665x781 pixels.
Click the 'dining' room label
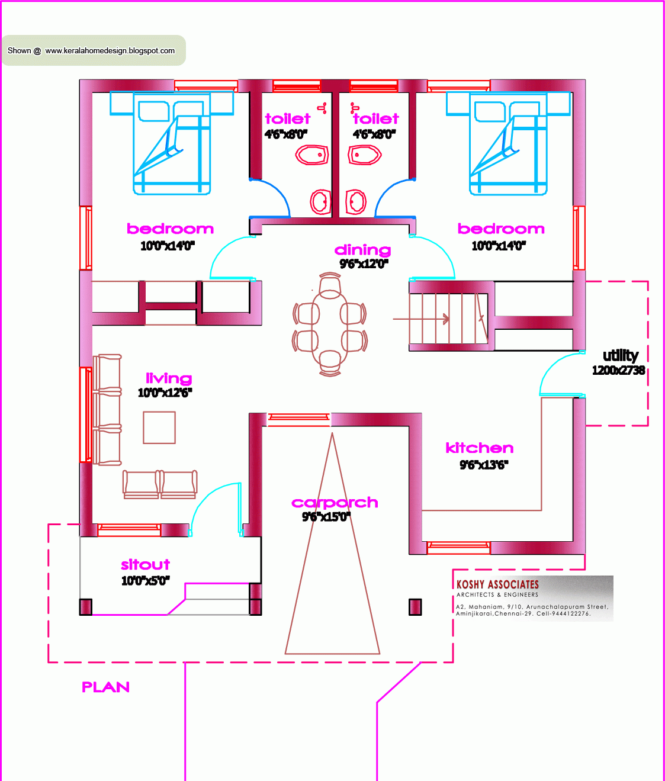point(362,250)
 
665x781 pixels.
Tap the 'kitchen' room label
point(479,448)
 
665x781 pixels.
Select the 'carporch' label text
point(335,503)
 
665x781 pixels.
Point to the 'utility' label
point(620,355)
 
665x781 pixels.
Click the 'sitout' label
point(145,564)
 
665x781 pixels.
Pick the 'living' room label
point(169,378)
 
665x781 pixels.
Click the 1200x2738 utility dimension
point(618,371)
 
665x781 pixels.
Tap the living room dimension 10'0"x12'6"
point(165,393)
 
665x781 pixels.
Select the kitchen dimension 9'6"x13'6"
point(484,465)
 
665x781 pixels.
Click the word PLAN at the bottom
point(105,687)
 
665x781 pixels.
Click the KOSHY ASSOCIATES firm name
point(497,584)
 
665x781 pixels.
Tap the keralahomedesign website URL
point(110,51)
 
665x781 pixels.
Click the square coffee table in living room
point(159,428)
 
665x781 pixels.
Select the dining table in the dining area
point(330,325)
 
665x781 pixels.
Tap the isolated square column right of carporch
point(415,607)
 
